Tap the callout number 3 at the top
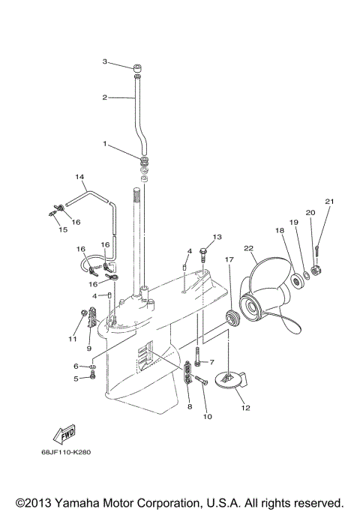coord(106,61)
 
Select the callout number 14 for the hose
coord(79,177)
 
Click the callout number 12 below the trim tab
coord(244,408)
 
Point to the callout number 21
coord(328,202)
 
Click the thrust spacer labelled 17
coord(232,317)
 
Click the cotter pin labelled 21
coord(318,247)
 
